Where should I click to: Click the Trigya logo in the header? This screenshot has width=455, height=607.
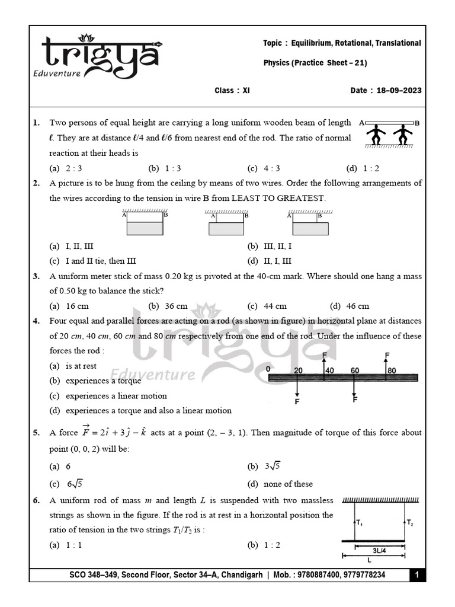tap(98, 56)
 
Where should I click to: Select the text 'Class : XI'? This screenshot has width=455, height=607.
tap(232, 91)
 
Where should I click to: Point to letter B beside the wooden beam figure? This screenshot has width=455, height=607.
tap(417, 123)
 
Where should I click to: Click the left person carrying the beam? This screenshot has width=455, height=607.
tap(376, 135)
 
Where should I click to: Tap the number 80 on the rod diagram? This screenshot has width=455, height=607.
tap(392, 370)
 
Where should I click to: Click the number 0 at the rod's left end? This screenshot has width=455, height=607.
tap(269, 369)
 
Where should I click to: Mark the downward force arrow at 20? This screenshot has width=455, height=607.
tap(297, 391)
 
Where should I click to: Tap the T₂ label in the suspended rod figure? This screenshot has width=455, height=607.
tap(410, 522)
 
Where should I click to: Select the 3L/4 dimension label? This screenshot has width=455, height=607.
tap(380, 550)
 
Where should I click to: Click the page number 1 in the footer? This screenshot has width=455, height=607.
tap(417, 575)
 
